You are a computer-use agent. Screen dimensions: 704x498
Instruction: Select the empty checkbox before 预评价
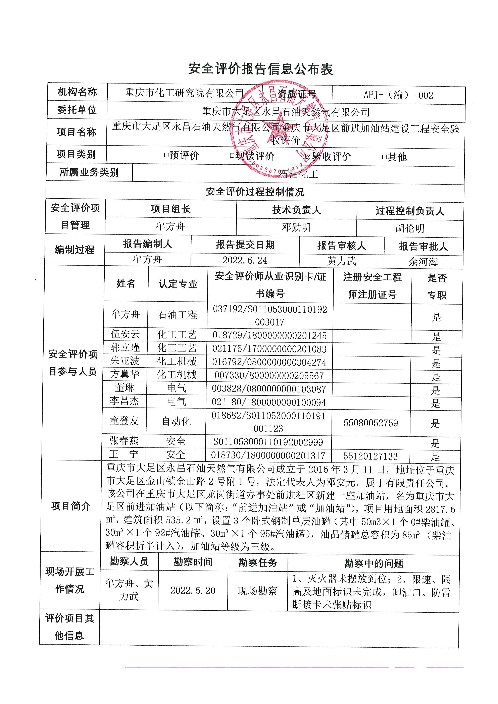[166, 155]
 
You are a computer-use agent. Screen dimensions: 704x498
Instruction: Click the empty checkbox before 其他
[384, 157]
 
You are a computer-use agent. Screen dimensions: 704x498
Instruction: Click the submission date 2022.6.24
[245, 260]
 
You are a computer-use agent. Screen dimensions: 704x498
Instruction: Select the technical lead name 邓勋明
[296, 227]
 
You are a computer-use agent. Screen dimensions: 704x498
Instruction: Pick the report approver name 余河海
[423, 262]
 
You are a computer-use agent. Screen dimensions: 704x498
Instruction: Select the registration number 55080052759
[370, 423]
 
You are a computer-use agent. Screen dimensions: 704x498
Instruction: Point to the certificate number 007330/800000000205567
[269, 375]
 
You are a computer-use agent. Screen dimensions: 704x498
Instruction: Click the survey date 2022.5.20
[193, 590]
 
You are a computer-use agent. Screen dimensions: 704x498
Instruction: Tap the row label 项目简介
[71, 506]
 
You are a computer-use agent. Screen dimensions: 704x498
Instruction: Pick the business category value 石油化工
[298, 174]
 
